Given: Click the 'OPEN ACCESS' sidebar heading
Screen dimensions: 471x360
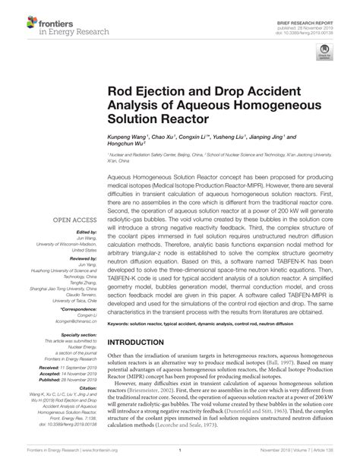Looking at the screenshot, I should tap(71, 222).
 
